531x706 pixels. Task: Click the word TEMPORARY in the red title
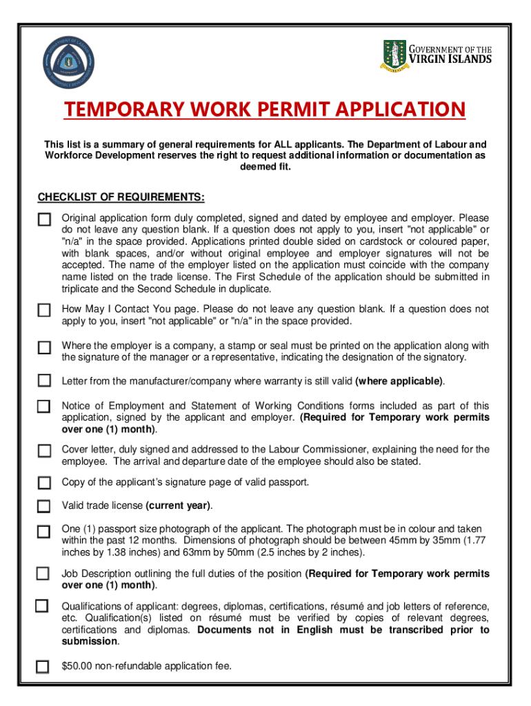tap(117, 110)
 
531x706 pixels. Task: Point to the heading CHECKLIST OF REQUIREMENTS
tap(121, 198)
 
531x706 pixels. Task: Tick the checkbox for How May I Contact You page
tap(44, 311)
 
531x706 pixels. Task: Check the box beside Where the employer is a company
tap(44, 347)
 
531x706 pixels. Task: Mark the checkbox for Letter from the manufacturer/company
tap(44, 381)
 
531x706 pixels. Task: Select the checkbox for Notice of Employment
tap(44, 407)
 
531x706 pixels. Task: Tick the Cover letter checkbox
tap(44, 451)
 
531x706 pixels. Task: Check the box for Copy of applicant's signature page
tap(44, 482)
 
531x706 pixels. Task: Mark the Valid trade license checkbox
tap(44, 507)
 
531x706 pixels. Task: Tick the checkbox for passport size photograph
tap(44, 532)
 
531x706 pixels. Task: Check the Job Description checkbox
tap(43, 574)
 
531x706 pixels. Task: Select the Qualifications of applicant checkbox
tap(42, 606)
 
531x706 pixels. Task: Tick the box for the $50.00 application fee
tap(43, 667)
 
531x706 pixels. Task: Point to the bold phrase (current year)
tap(178, 505)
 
